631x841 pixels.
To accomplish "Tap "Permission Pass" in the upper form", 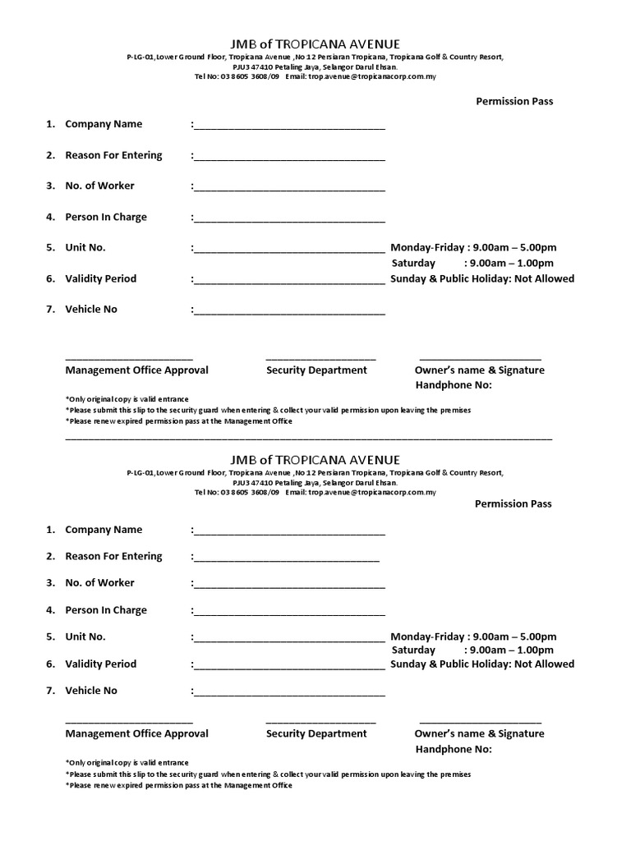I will tap(514, 101).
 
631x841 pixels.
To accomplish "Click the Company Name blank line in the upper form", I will tap(289, 127).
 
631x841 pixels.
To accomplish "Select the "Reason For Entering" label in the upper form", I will tap(113, 155).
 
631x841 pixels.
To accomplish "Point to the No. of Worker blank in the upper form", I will tap(289, 189).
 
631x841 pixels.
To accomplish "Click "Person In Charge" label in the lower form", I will tap(106, 610).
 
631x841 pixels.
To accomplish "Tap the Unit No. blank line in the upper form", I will tap(289, 250).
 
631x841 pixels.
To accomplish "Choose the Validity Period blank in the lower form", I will tap(289, 667).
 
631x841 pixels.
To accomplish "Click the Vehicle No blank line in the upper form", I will tap(289, 312).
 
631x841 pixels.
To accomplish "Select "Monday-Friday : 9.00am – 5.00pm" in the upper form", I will tap(473, 247).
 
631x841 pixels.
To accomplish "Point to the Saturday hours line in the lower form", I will tap(472, 650).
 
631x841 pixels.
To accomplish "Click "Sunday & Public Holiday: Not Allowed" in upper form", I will tap(482, 278).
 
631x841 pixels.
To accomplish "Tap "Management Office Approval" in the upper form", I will tap(136, 370).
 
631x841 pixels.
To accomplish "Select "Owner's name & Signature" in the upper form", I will tap(479, 370).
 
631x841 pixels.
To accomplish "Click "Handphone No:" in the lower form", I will tap(454, 749).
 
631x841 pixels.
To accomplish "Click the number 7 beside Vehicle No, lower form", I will tap(50, 691).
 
